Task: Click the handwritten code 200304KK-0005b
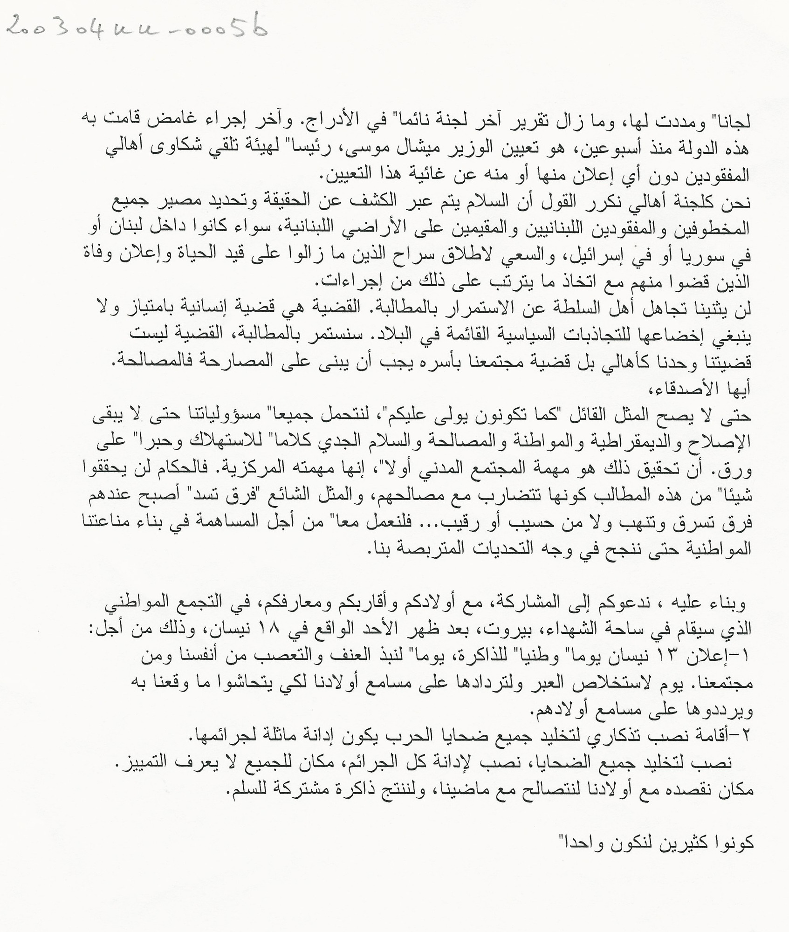(x=138, y=25)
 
